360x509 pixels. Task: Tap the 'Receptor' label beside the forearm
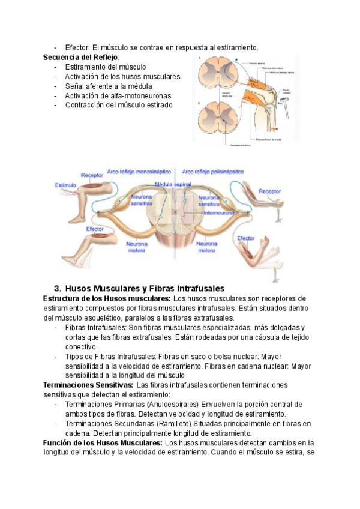pyautogui.click(x=269, y=191)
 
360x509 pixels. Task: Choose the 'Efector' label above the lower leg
pyautogui.click(x=95, y=229)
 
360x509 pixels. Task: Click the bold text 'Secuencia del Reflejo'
pyautogui.click(x=81, y=57)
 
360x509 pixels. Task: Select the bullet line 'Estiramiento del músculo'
pyautogui.click(x=106, y=67)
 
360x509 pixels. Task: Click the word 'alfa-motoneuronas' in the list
pyautogui.click(x=143, y=95)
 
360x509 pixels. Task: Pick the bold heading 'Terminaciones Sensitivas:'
pyautogui.click(x=88, y=384)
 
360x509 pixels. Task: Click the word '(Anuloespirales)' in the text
pyautogui.click(x=170, y=404)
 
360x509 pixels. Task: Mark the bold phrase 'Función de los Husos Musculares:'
pyautogui.click(x=102, y=442)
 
